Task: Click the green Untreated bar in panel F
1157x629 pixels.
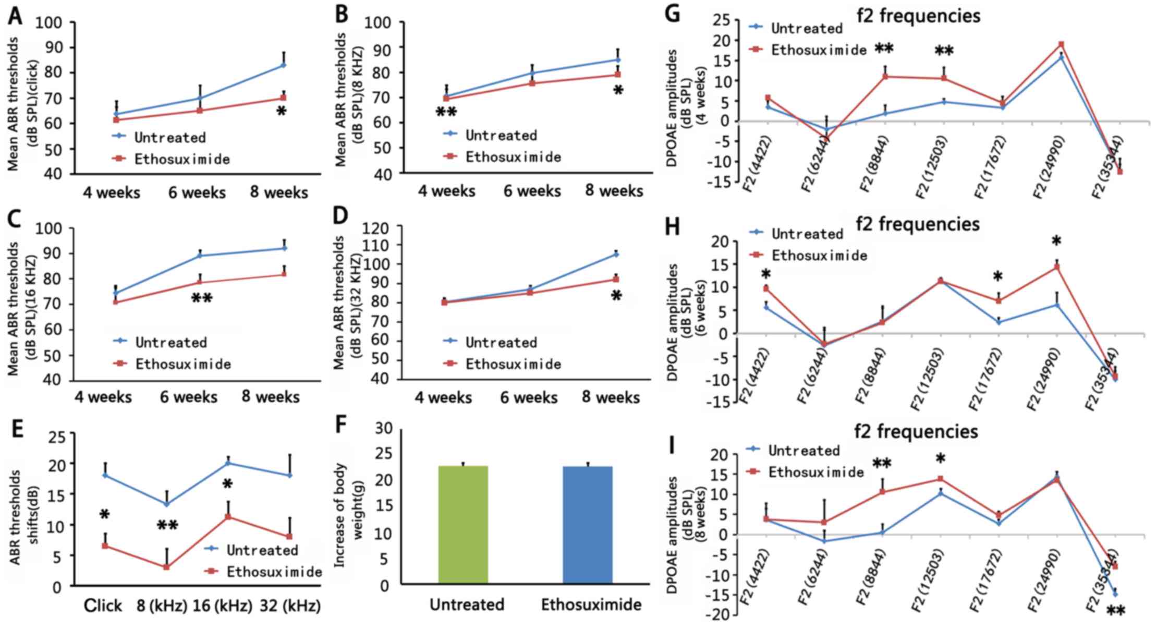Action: tap(463, 524)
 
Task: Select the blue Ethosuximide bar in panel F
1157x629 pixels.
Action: tap(588, 524)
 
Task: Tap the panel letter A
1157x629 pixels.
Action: tap(15, 17)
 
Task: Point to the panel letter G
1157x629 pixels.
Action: tap(673, 14)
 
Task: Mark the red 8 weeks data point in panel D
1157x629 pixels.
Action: tap(616, 280)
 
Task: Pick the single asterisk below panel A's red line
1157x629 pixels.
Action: tap(282, 112)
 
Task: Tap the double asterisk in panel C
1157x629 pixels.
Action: tap(202, 298)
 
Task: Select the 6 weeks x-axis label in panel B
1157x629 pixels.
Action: tap(532, 191)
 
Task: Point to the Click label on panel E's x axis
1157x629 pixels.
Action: tap(103, 606)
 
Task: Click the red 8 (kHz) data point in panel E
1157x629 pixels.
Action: tap(166, 567)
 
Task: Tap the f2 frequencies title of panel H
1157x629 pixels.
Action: tap(918, 224)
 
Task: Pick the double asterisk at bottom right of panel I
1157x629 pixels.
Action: tap(1115, 610)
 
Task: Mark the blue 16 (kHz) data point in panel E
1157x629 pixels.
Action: tap(228, 463)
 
